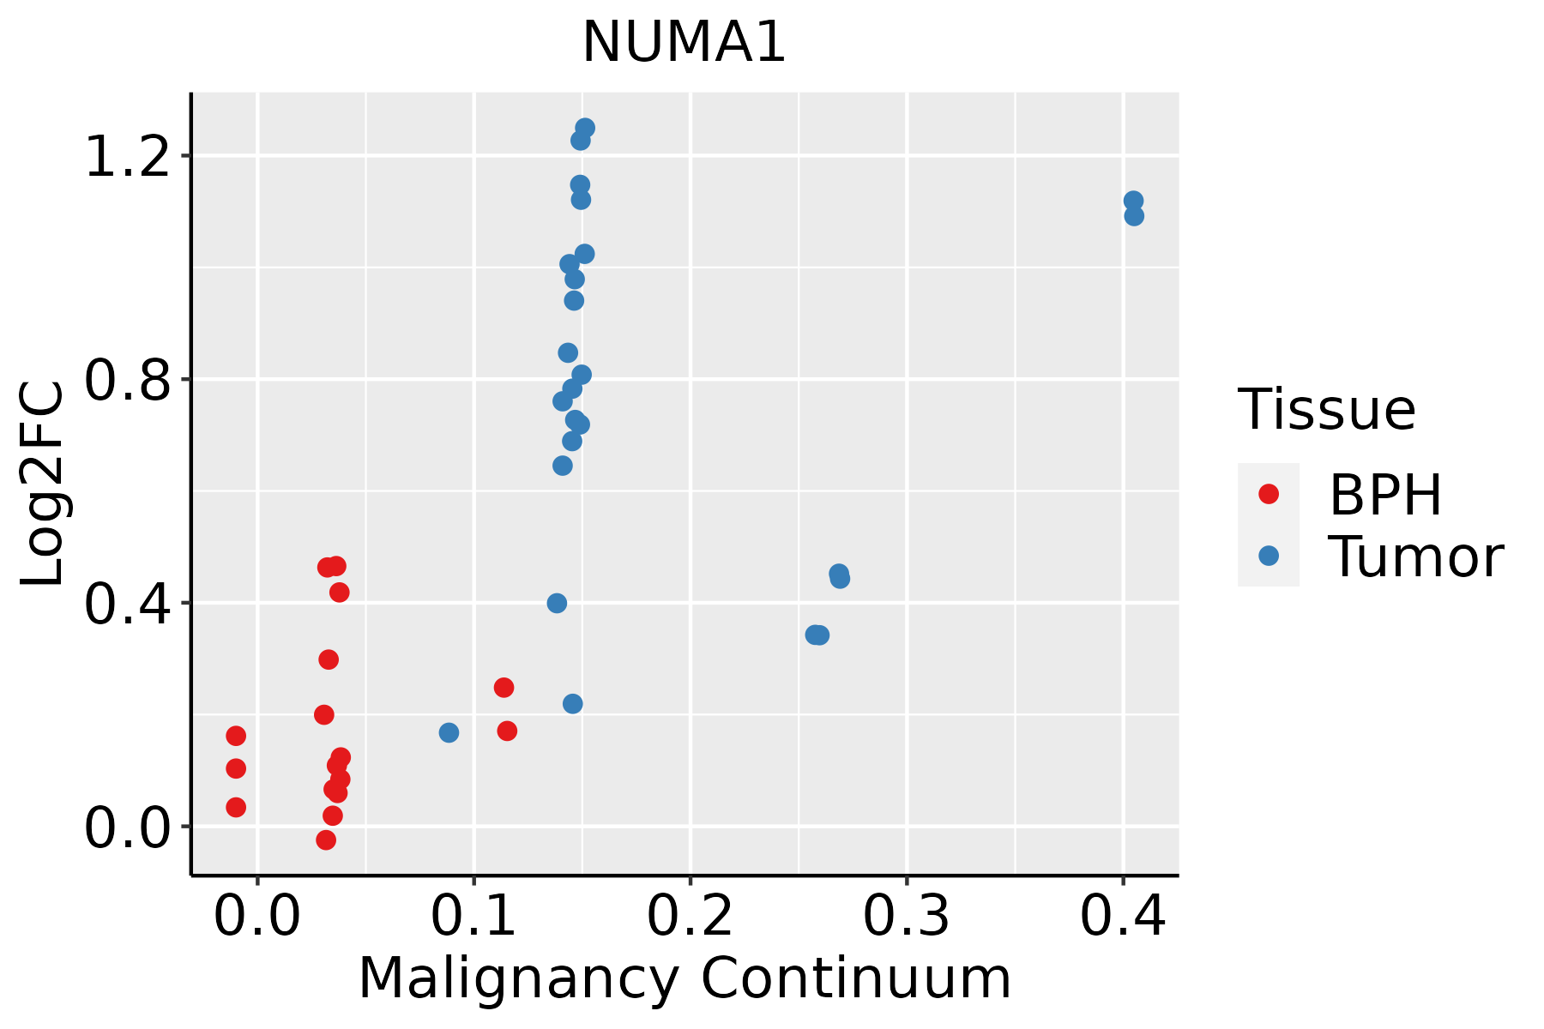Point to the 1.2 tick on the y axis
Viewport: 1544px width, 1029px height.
click(127, 156)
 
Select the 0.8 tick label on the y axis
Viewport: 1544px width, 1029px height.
click(127, 379)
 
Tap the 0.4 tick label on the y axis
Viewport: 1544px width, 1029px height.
click(127, 603)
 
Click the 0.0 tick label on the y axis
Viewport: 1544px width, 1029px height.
click(127, 827)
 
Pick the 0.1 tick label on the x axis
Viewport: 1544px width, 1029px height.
click(473, 917)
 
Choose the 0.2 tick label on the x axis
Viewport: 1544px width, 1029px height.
click(690, 917)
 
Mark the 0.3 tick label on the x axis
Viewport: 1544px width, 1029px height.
click(906, 917)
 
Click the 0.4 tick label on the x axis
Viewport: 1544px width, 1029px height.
click(1122, 917)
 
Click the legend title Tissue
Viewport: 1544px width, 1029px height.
click(1327, 410)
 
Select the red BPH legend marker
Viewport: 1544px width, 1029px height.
click(1268, 494)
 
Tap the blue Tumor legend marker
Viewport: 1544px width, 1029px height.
click(1268, 556)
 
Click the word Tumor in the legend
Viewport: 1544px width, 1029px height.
click(1415, 557)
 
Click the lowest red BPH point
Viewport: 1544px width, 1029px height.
click(326, 839)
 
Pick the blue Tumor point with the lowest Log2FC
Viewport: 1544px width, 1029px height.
click(449, 732)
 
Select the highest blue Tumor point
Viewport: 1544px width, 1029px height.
click(585, 128)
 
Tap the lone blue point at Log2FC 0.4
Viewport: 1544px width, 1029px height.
click(557, 603)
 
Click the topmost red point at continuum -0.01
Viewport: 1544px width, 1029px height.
click(236, 736)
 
